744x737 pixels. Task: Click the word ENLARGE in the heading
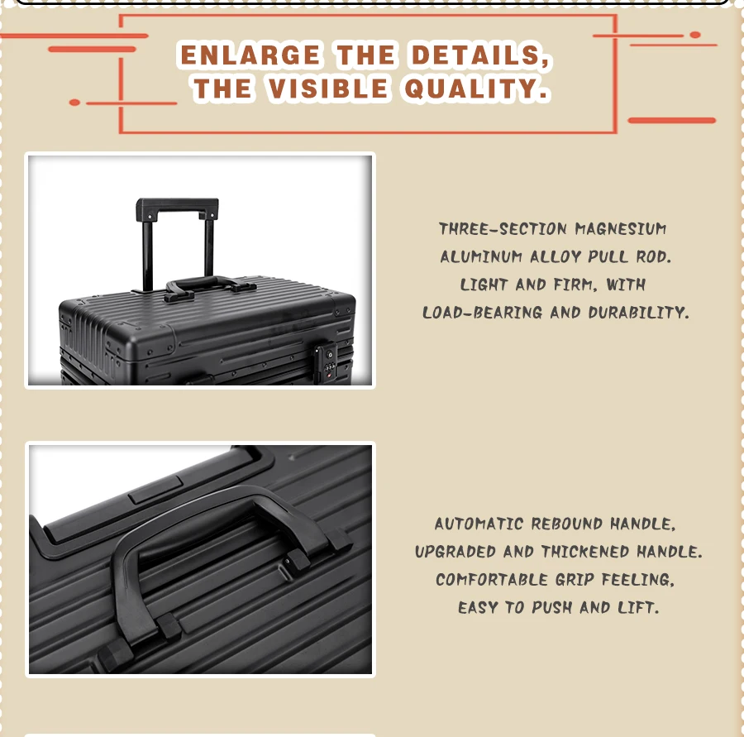point(250,55)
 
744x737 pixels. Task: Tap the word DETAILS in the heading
point(479,55)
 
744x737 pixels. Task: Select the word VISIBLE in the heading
point(328,89)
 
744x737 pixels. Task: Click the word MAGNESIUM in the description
point(621,229)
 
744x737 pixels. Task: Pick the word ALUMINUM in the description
point(481,257)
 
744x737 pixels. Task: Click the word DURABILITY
point(638,313)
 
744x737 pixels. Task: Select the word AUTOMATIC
point(479,524)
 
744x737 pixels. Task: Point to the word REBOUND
point(566,524)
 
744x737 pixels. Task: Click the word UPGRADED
point(455,552)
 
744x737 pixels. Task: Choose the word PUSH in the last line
point(552,607)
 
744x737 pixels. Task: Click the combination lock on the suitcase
point(327,362)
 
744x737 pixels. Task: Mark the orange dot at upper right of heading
point(695,35)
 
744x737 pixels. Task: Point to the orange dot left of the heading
point(74,103)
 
